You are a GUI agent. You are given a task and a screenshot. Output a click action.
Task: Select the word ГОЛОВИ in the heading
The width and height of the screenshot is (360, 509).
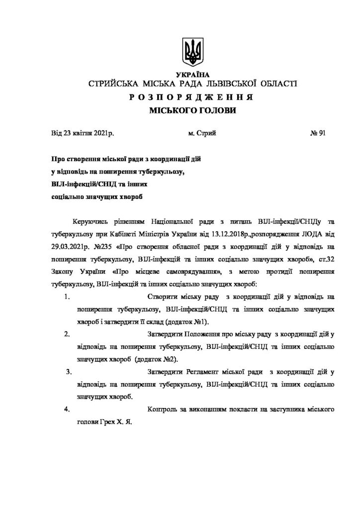coord(216,110)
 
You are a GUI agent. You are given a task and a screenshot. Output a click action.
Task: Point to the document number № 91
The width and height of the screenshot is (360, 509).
coord(317,133)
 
